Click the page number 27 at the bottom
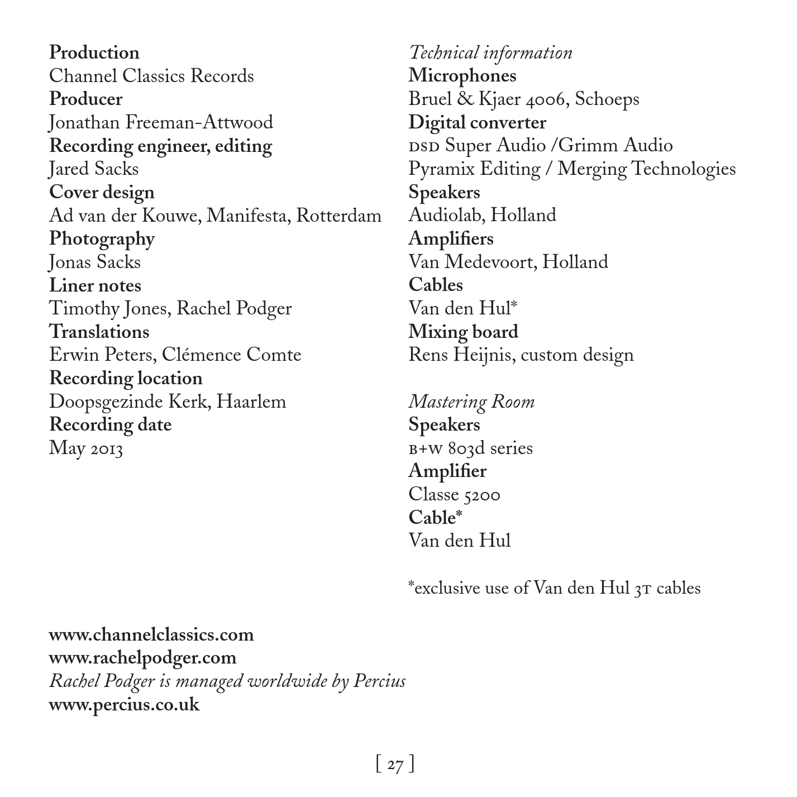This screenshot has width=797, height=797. [x=395, y=763]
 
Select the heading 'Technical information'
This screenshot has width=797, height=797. [x=490, y=53]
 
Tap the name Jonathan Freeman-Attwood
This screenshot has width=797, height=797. [x=161, y=122]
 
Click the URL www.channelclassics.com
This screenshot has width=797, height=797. [x=151, y=634]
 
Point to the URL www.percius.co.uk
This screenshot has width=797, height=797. [x=124, y=704]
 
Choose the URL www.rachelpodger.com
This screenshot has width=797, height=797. [x=142, y=658]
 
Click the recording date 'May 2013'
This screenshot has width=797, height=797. [x=85, y=448]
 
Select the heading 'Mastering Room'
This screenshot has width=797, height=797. [x=471, y=402]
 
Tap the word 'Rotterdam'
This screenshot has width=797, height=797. [x=338, y=216]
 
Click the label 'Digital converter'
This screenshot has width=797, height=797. [x=477, y=122]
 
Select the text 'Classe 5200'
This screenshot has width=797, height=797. [x=454, y=494]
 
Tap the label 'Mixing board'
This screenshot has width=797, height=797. [x=463, y=332]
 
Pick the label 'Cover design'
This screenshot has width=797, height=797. [x=102, y=192]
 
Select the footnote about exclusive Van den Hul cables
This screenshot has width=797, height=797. [x=554, y=588]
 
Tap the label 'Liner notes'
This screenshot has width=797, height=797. [x=95, y=285]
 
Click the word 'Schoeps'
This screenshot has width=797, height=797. [x=607, y=99]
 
